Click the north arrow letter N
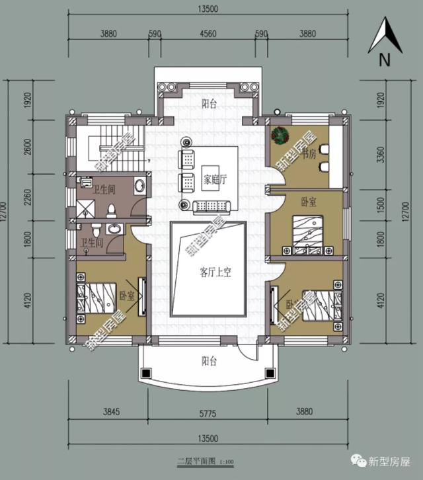coord(383,60)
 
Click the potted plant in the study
coord(280,135)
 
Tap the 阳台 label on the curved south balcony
coord(210,361)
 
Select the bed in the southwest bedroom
coord(99,299)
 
